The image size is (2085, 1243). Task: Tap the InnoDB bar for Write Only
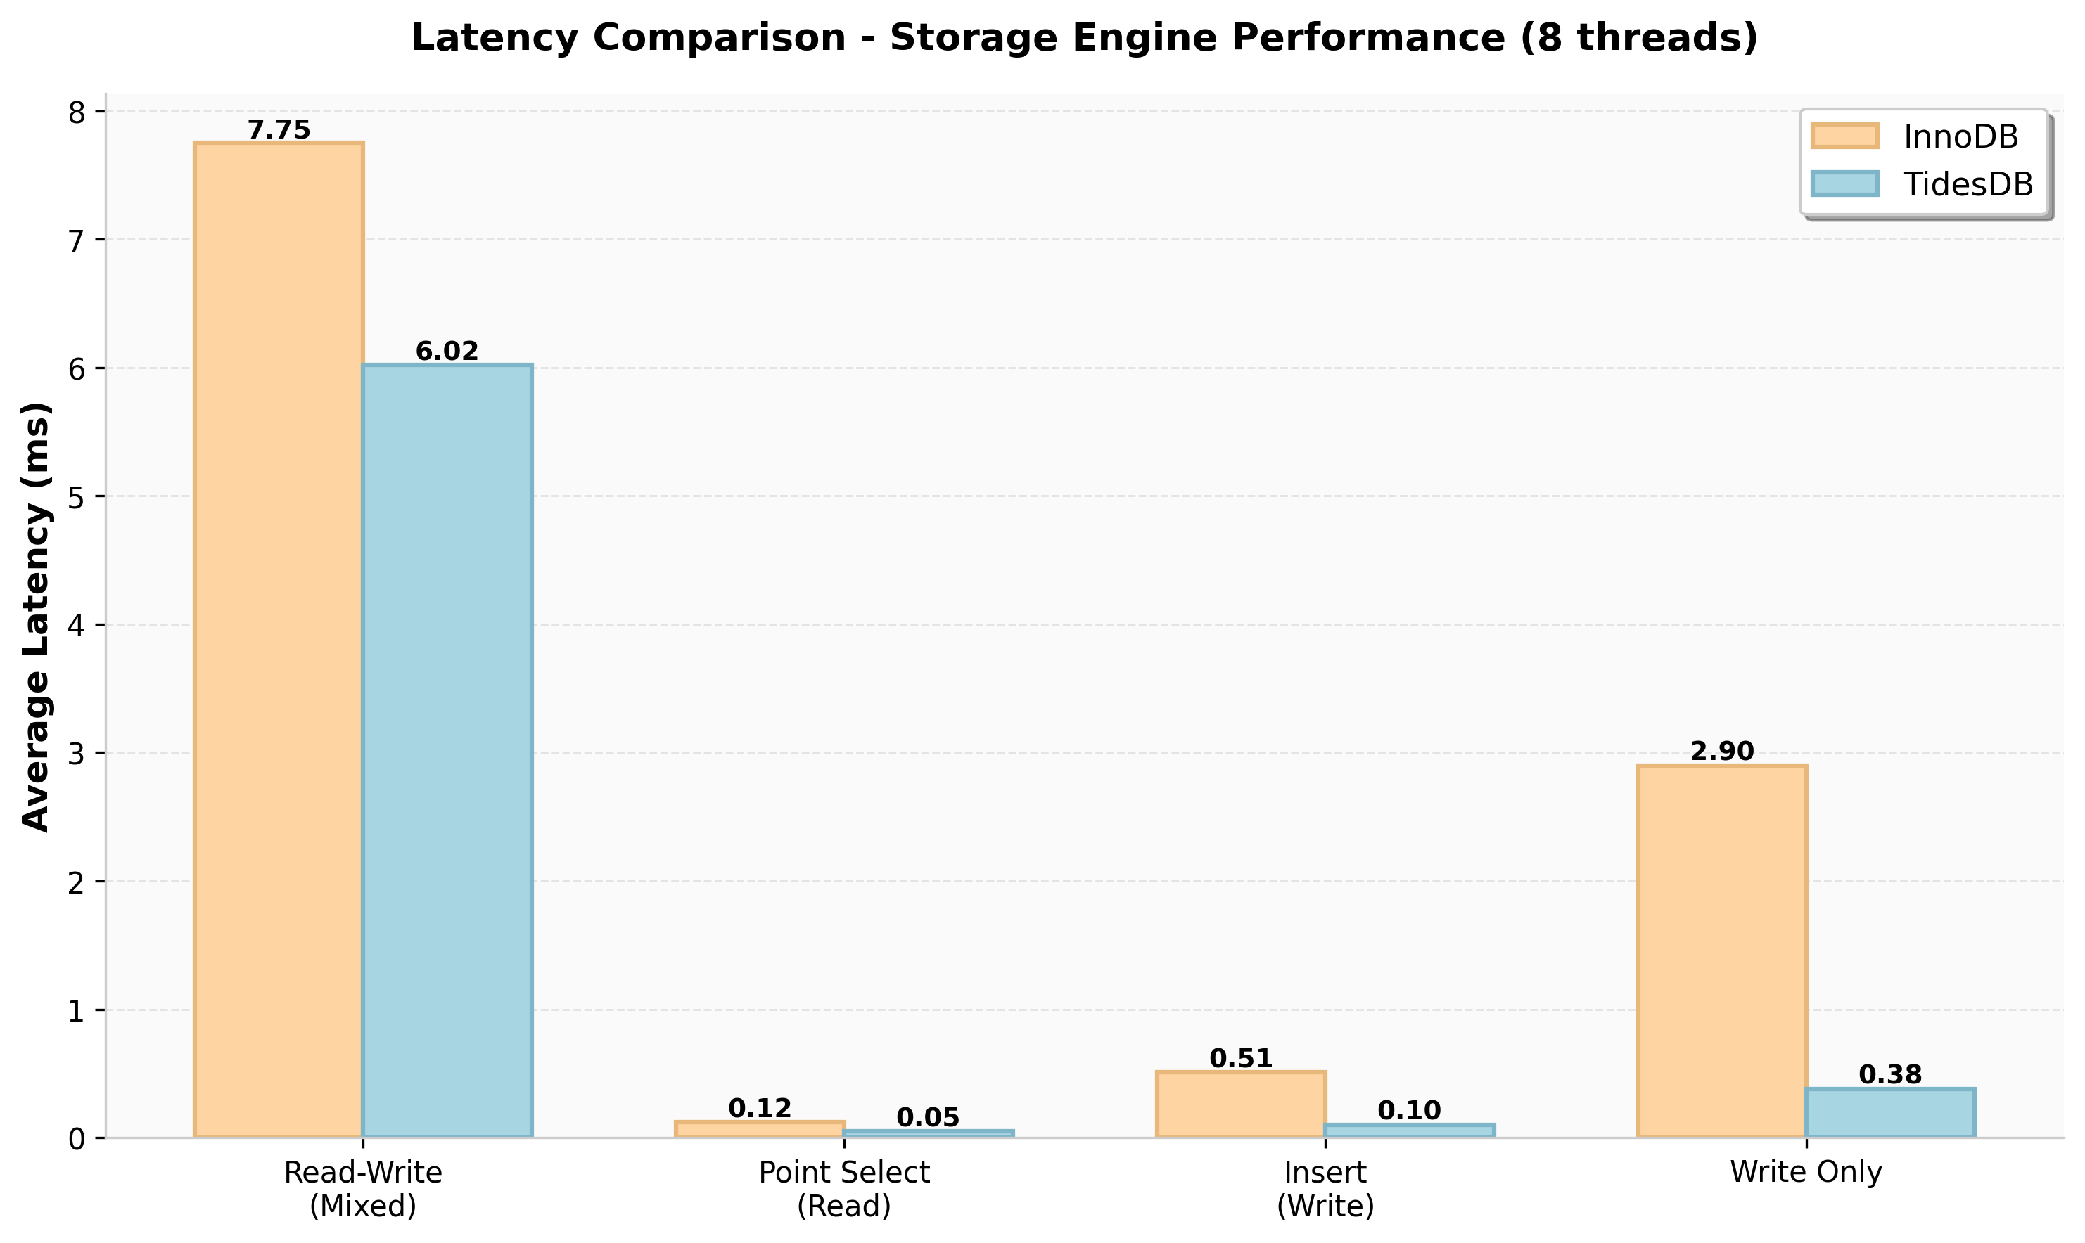click(x=1721, y=951)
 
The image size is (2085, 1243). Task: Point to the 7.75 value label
click(x=279, y=130)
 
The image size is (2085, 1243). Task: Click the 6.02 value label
click(x=447, y=351)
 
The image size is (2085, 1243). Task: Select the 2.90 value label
click(x=1721, y=752)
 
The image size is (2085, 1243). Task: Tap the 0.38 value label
click(x=1889, y=1075)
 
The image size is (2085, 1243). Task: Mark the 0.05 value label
click(x=928, y=1117)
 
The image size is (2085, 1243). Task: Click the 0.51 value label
click(x=1240, y=1059)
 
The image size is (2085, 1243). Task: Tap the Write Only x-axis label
click(x=1806, y=1172)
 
